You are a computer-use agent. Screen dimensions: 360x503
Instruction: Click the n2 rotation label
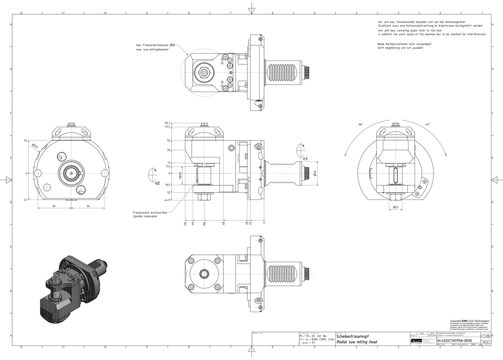(157, 183)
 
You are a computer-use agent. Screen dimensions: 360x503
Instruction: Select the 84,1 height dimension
(167, 123)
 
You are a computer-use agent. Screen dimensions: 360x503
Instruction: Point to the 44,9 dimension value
(167, 200)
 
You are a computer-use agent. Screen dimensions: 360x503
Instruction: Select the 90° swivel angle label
(360, 124)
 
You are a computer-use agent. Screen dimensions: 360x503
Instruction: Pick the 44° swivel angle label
(428, 124)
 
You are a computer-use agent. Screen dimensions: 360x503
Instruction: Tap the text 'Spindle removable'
(145, 216)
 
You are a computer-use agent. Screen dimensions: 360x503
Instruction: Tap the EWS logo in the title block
(416, 341)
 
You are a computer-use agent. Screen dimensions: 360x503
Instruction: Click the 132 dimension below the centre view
(186, 223)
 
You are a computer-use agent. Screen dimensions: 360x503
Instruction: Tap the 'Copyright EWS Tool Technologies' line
(469, 321)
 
